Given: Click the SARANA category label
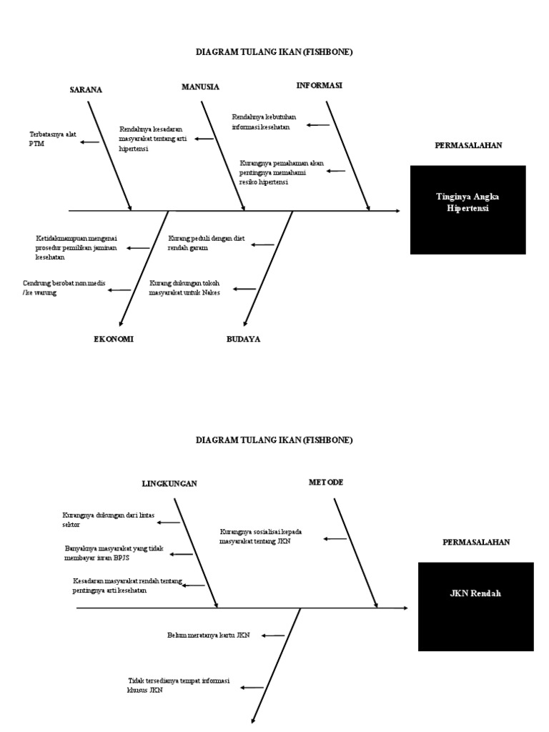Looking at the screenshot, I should tap(86, 90).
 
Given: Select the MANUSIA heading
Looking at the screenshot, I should tap(200, 87).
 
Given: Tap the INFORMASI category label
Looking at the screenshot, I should tap(320, 85).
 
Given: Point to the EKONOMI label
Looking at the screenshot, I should tap(114, 339).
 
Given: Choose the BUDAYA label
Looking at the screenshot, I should tap(243, 339).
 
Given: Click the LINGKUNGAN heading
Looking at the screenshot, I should tap(169, 484).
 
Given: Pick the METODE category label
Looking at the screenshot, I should tap(326, 483).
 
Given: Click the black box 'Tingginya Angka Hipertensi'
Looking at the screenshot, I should tap(468, 210).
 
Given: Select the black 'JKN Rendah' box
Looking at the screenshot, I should tap(475, 606).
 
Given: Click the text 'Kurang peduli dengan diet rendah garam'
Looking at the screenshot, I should tap(207, 242).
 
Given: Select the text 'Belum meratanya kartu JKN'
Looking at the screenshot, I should tap(208, 634).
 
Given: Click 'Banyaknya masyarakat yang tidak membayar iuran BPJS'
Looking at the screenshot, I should tap(114, 553).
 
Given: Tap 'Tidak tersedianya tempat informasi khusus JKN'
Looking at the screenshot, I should tap(179, 686).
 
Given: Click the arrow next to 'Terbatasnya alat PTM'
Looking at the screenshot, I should tap(90, 142).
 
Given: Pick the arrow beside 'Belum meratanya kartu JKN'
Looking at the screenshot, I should tap(272, 635).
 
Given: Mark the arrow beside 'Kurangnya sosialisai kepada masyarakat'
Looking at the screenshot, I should tap(336, 538).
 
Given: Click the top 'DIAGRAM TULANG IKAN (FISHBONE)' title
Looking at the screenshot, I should tap(274, 52).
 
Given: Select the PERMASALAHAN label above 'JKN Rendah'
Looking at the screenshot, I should tap(476, 543).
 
